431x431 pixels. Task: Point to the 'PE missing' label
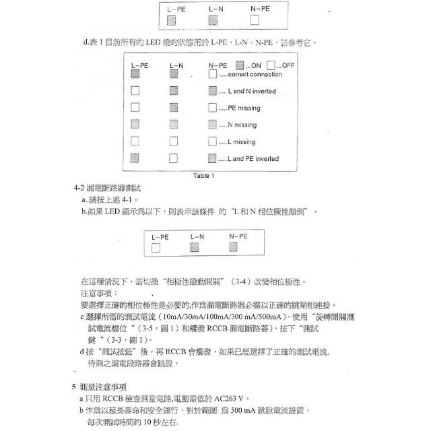point(244,108)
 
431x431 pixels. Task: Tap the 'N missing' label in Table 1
point(242,125)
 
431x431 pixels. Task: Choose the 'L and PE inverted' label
point(253,159)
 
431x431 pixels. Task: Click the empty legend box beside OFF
point(270,65)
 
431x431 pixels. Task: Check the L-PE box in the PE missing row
point(135,108)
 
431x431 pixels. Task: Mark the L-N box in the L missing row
point(174,141)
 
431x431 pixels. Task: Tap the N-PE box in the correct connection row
point(213,75)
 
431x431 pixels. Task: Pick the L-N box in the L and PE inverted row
point(174,158)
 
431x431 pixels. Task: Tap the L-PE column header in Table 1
point(139,65)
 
